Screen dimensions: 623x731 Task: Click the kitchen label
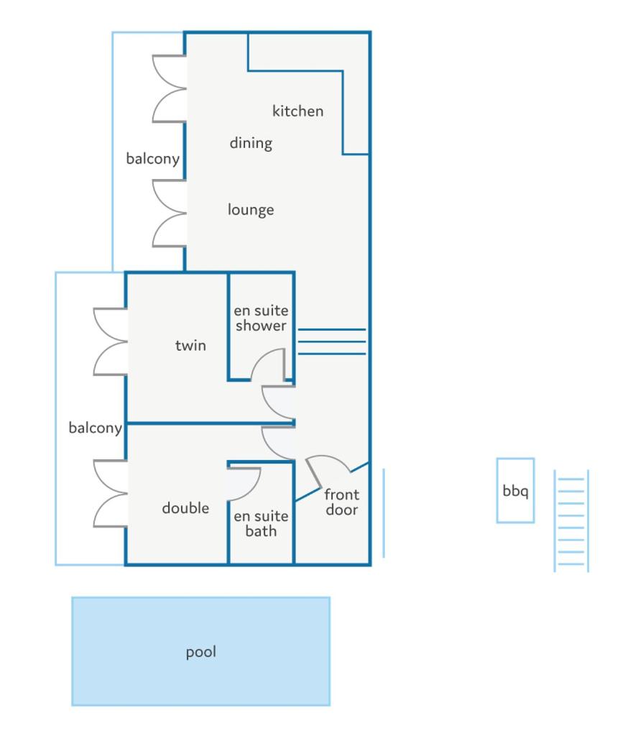297,111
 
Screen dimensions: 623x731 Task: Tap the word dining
251,143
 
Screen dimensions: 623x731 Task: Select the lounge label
251,210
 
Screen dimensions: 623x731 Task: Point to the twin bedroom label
190,346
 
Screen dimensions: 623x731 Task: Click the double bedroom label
185,507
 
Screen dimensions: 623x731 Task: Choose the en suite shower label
261,318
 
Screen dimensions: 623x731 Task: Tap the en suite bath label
261,523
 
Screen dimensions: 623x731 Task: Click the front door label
341,502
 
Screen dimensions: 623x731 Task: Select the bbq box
515,490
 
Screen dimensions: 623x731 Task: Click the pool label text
200,652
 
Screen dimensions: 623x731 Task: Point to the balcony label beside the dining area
153,159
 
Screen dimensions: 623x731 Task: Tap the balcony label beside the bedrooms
95,428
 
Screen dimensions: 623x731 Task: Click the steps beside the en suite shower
332,341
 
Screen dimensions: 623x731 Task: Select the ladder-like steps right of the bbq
571,520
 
